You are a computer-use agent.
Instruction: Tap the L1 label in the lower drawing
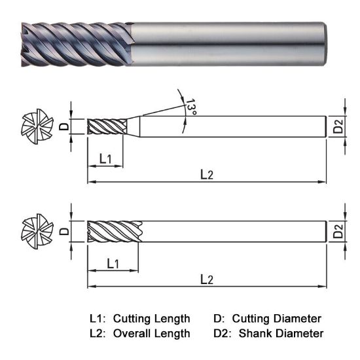(112, 263)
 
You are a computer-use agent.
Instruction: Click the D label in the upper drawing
(63, 126)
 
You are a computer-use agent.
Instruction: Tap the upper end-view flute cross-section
(35, 126)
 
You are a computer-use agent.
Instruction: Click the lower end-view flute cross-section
(35, 231)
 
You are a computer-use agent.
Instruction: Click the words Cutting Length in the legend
(152, 319)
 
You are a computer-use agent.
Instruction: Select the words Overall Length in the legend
(152, 334)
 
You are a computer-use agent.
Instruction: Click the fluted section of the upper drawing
(105, 126)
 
